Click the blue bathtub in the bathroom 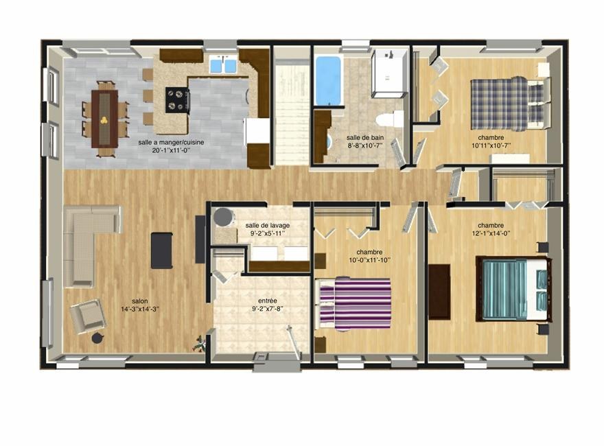point(328,80)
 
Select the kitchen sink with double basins point(222,65)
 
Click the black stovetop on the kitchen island point(177,99)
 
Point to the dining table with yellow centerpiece point(104,119)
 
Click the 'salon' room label point(139,301)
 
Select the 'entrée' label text point(268,301)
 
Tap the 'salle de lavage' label point(267,225)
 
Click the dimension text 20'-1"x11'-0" point(171,150)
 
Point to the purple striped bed point(353,303)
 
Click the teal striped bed point(513,288)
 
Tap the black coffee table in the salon point(161,250)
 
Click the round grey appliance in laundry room point(223,218)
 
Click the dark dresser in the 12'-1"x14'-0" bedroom point(439,292)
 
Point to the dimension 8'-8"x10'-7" point(364,145)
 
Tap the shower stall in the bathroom point(389,73)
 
